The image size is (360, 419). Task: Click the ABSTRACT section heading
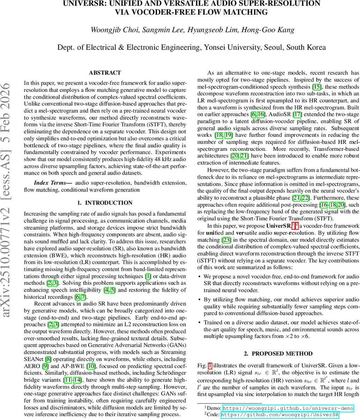pyautogui.click(x=105, y=73)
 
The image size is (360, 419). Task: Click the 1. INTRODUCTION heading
pyautogui.click(x=104, y=203)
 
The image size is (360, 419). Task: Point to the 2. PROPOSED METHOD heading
pyautogui.click(x=278, y=354)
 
